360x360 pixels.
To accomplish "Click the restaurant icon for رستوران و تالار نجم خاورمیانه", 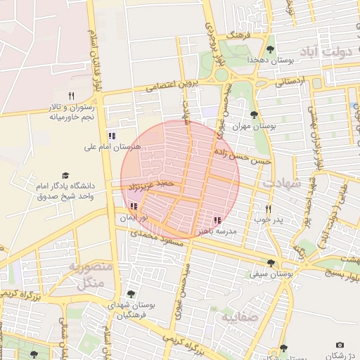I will (x=71, y=96).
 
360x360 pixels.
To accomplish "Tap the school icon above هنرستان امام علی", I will (x=112, y=136).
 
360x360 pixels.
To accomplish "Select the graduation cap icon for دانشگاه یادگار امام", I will (x=65, y=175).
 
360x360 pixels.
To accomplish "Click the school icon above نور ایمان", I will (x=134, y=207).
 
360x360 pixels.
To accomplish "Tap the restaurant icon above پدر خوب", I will (x=268, y=209).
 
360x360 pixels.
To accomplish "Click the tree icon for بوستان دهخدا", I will (x=271, y=49).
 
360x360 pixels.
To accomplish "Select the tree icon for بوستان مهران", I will (x=254, y=115).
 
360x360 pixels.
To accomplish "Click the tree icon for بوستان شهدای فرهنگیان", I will (x=130, y=294).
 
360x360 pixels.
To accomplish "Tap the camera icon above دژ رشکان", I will (x=340, y=345).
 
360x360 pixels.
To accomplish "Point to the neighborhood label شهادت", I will (x=281, y=183).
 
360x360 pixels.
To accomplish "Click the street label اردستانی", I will (x=291, y=82).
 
